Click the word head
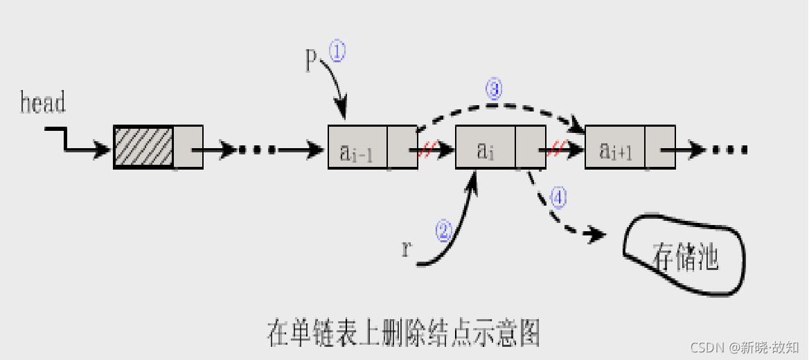click(43, 103)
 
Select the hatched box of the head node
click(143, 147)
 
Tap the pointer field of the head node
click(187, 147)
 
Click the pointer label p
click(312, 60)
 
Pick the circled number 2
click(443, 230)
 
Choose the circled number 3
click(492, 90)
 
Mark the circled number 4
click(558, 198)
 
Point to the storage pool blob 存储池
click(684, 256)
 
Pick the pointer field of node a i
click(531, 147)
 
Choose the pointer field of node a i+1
click(660, 147)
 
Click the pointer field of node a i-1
click(402, 147)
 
